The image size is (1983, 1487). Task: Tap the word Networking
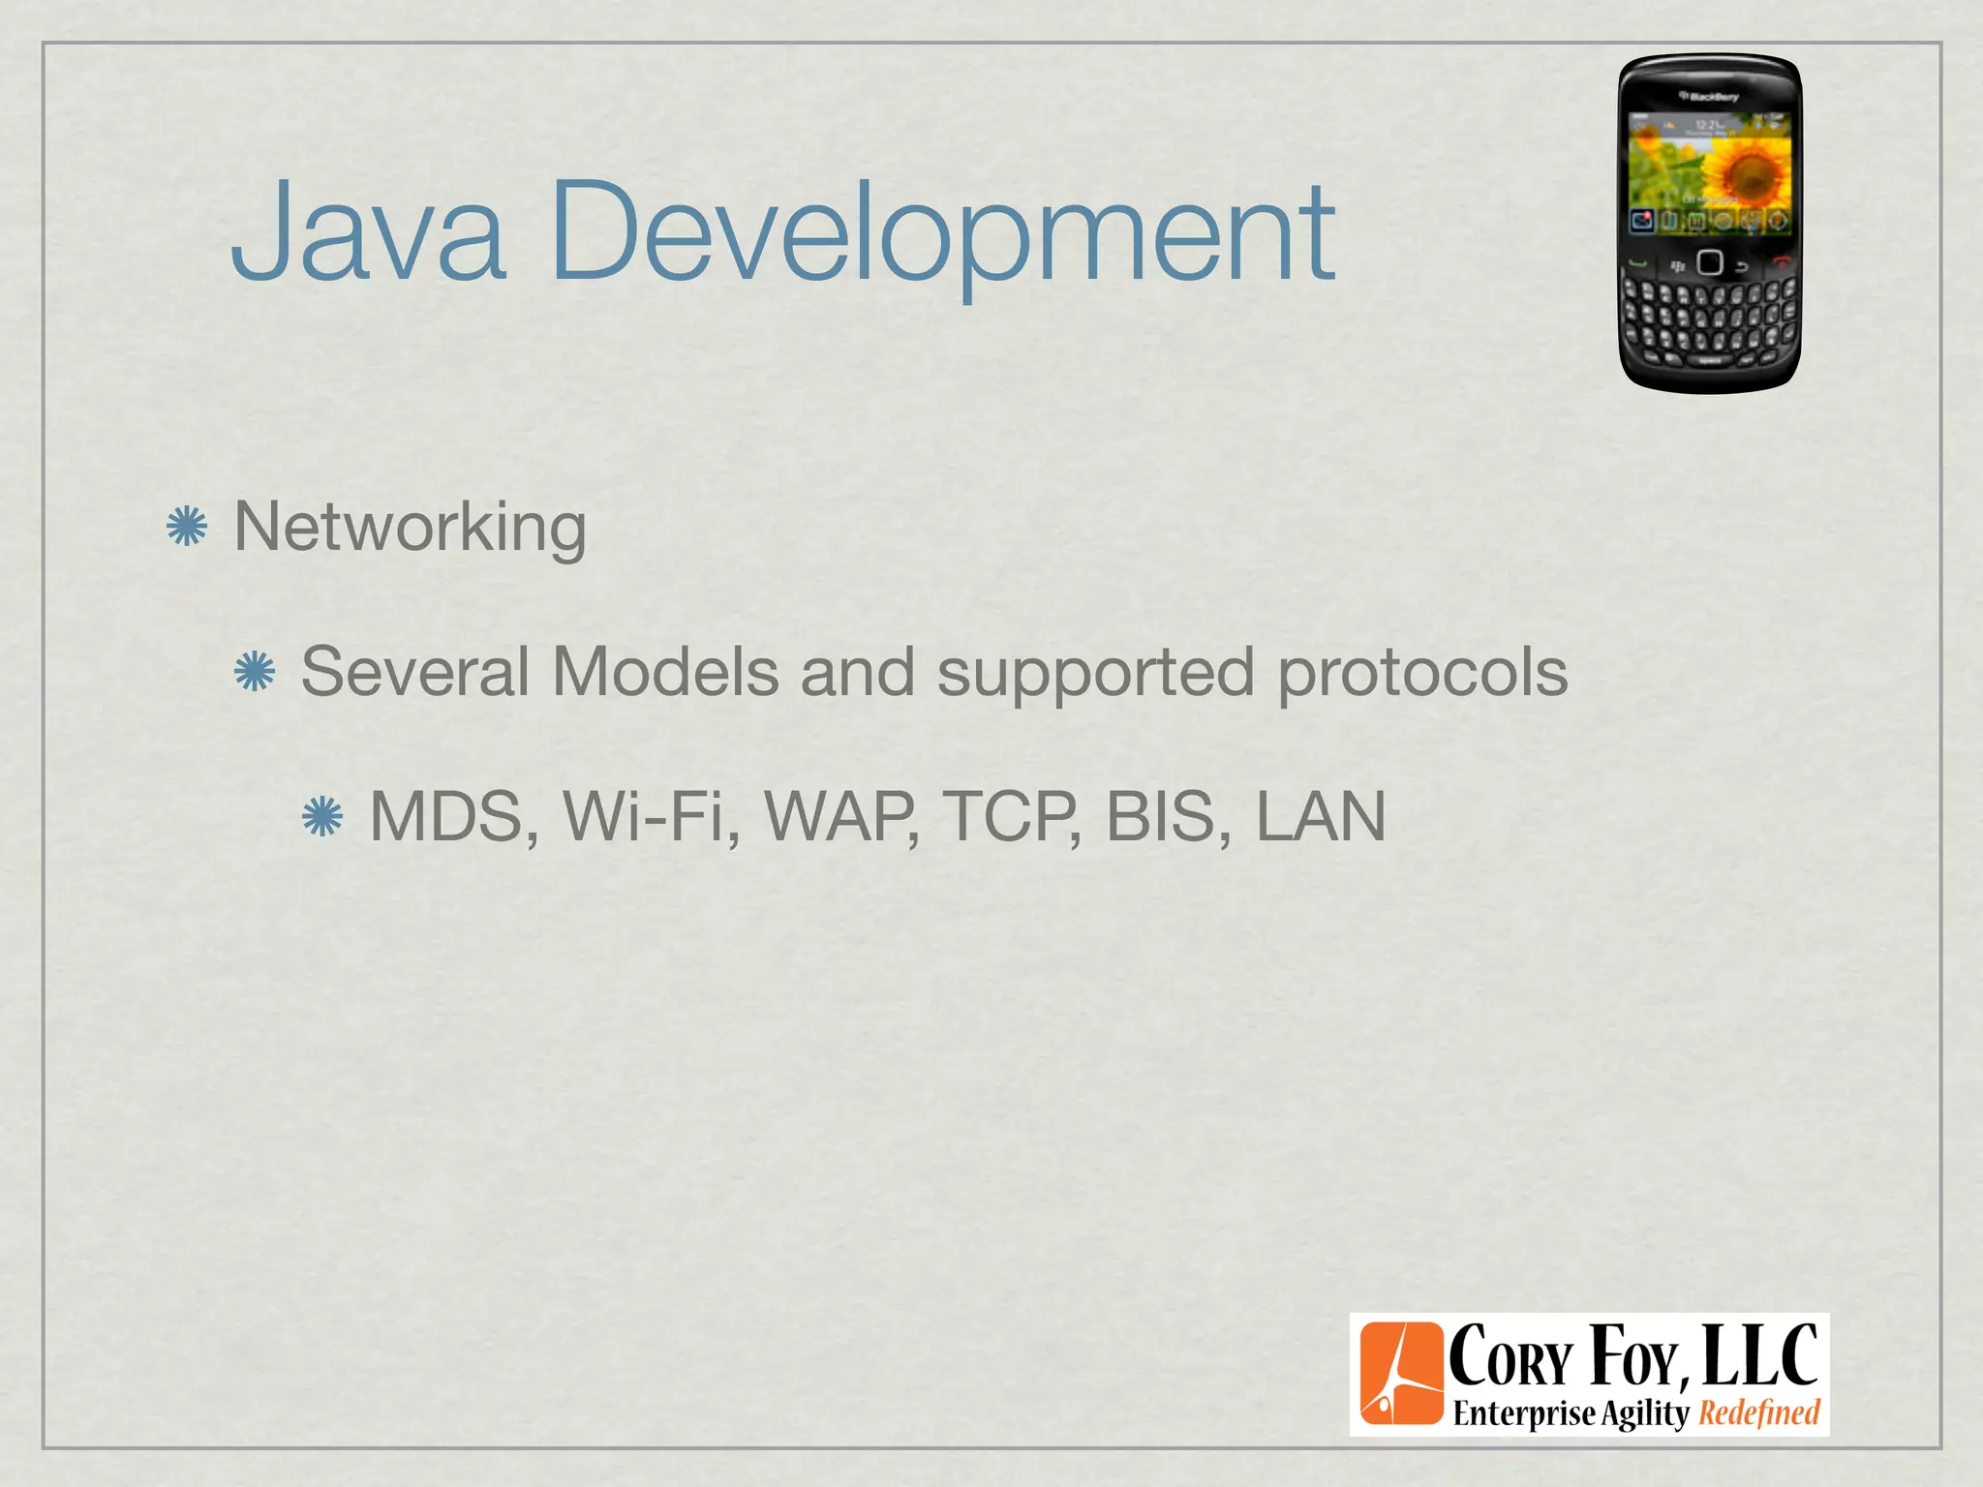click(410, 528)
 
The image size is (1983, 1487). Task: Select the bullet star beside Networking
click(187, 527)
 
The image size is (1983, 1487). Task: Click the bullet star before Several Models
click(255, 671)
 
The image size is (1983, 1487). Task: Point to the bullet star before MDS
click(322, 816)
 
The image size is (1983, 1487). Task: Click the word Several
click(415, 671)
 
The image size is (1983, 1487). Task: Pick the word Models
click(665, 671)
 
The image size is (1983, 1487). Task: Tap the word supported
click(1096, 673)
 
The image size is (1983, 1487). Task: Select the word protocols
click(1422, 673)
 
